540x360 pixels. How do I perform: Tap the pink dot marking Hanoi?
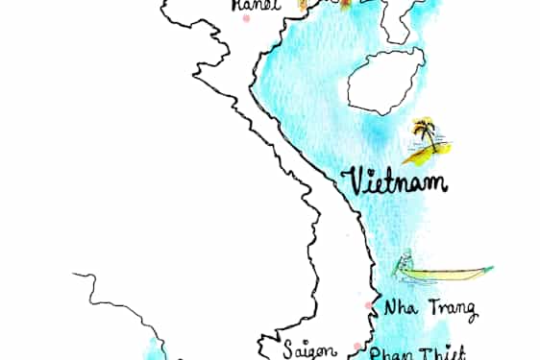tap(247, 18)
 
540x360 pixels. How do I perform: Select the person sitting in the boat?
tap(407, 260)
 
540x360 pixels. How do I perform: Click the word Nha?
tap(399, 309)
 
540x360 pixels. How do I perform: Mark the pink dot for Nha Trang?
tap(369, 306)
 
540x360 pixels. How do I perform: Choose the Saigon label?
tap(308, 350)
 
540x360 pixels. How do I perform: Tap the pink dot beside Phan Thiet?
tap(358, 347)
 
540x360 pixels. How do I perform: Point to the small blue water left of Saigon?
tap(154, 349)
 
